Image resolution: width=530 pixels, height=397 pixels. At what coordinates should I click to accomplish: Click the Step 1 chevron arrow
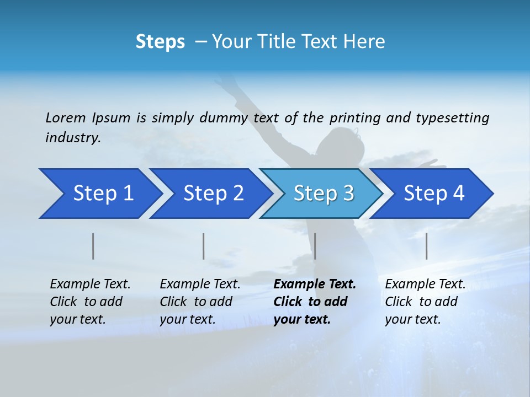click(x=99, y=194)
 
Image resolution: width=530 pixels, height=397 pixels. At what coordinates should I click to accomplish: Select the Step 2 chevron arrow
click(x=211, y=194)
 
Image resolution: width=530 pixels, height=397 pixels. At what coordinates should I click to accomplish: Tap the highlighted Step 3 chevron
click(x=322, y=194)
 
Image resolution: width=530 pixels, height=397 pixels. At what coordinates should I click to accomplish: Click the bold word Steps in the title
click(x=160, y=41)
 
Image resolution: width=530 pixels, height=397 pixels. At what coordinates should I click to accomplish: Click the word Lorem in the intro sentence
click(x=66, y=117)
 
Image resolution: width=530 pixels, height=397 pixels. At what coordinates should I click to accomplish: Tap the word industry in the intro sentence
click(x=73, y=138)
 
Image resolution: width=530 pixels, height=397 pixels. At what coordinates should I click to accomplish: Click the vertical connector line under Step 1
click(x=93, y=246)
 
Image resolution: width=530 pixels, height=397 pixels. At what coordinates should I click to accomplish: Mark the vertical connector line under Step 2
click(x=204, y=246)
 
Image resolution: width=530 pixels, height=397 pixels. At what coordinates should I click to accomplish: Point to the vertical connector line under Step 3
click(x=315, y=246)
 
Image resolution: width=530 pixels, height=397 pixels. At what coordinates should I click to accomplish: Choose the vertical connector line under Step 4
click(x=426, y=246)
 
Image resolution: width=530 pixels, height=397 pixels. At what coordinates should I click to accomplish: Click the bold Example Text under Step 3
click(x=315, y=284)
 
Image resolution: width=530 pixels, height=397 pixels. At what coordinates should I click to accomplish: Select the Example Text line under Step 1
click(x=90, y=284)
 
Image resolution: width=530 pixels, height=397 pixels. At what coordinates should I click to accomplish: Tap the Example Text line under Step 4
click(x=425, y=284)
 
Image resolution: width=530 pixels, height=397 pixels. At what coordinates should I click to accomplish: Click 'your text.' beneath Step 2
click(x=188, y=319)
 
